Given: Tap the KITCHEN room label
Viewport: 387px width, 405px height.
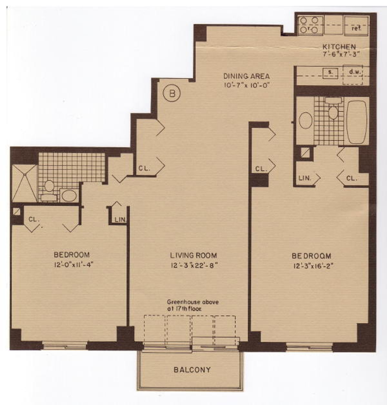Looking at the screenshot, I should pyautogui.click(x=340, y=46).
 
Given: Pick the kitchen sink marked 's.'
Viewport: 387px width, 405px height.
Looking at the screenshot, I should pyautogui.click(x=330, y=73).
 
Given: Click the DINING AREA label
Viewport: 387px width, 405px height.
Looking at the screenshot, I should pyautogui.click(x=247, y=76).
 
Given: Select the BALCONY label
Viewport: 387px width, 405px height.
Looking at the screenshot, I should pyautogui.click(x=192, y=370).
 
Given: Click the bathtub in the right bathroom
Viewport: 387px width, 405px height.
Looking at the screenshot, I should pyautogui.click(x=356, y=123).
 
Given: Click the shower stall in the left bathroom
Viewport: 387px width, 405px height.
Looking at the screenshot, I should pyautogui.click(x=25, y=183).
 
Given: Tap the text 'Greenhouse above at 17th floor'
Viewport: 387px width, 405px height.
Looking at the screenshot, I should pyautogui.click(x=193, y=305).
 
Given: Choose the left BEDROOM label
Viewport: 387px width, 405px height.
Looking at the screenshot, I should pyautogui.click(x=72, y=255).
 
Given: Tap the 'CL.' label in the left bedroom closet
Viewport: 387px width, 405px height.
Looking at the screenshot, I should pyautogui.click(x=34, y=219).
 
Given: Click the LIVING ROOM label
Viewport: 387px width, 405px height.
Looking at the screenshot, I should pyautogui.click(x=193, y=255).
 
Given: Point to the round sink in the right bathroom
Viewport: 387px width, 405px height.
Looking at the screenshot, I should pyautogui.click(x=305, y=120).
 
